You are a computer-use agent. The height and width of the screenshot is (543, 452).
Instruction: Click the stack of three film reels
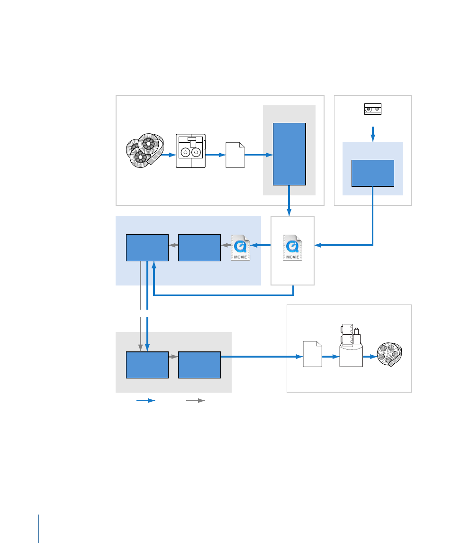pos(145,151)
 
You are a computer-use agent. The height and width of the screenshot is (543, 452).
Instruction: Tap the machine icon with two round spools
pos(190,151)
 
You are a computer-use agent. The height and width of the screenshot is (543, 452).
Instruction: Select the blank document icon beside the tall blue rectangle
pos(235,155)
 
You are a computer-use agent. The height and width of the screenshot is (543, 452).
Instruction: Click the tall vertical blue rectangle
pos(289,154)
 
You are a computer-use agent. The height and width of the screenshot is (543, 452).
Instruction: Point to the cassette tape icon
pos(373,109)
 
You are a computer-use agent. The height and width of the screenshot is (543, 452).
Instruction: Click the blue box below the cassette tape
pos(373,173)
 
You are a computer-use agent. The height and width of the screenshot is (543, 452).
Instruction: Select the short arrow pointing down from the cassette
pos(373,134)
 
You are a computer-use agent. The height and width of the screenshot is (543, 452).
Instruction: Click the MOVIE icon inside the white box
pos(292,248)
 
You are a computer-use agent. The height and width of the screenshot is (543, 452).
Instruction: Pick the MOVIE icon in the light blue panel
pos(241,248)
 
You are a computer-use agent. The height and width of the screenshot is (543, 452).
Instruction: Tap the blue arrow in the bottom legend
pos(146,401)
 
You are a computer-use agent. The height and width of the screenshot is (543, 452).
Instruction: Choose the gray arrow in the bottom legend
pos(196,401)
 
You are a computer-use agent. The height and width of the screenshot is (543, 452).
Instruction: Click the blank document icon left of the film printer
pos(313,354)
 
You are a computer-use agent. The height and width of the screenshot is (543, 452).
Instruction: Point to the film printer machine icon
pos(351,345)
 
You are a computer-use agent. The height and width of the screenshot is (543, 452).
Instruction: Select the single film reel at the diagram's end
pos(389,354)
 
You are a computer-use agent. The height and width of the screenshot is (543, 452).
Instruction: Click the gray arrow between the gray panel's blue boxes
pos(173,356)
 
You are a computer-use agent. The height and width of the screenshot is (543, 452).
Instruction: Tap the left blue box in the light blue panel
pos(147,248)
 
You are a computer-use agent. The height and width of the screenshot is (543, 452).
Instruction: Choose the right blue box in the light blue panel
pos(199,248)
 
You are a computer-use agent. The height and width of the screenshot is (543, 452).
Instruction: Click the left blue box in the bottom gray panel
pos(147,365)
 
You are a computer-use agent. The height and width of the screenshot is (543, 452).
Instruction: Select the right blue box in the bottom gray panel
pos(199,365)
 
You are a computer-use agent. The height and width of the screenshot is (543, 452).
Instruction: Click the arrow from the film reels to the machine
pos(169,155)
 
